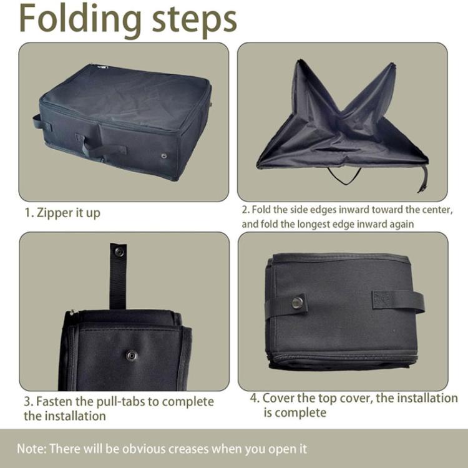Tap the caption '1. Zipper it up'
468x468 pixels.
tap(62, 213)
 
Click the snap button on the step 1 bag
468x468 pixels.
tap(164, 155)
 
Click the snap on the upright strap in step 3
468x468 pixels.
tap(118, 252)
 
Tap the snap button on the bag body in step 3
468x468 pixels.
tap(131, 355)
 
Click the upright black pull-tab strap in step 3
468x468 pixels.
tap(117, 275)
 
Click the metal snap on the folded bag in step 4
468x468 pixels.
tap(298, 303)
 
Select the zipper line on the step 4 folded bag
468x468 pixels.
tap(343, 356)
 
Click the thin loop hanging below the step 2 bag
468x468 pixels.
tap(344, 177)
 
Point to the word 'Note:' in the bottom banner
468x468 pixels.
tap(31, 448)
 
